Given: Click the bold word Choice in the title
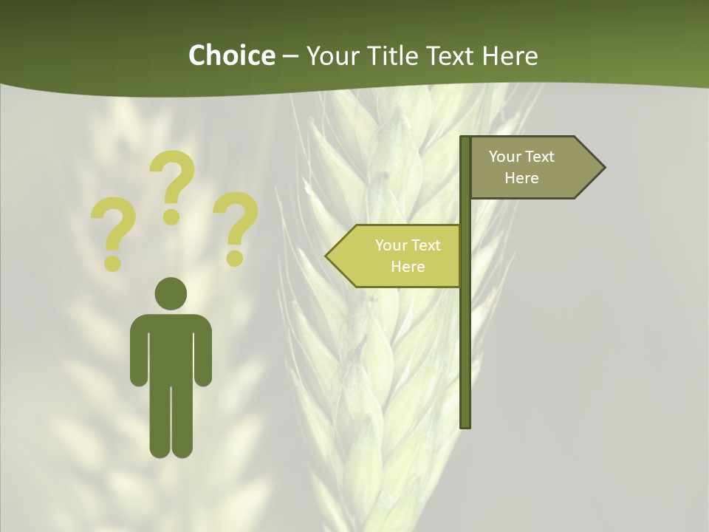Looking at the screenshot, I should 231,55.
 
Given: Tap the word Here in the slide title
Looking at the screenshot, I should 510,56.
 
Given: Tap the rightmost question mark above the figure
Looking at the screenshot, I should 236,228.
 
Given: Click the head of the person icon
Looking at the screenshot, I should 171,293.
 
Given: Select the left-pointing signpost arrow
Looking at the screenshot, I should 395,256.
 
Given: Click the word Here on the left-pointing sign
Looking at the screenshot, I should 408,267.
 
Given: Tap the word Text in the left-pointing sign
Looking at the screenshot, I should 426,245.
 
